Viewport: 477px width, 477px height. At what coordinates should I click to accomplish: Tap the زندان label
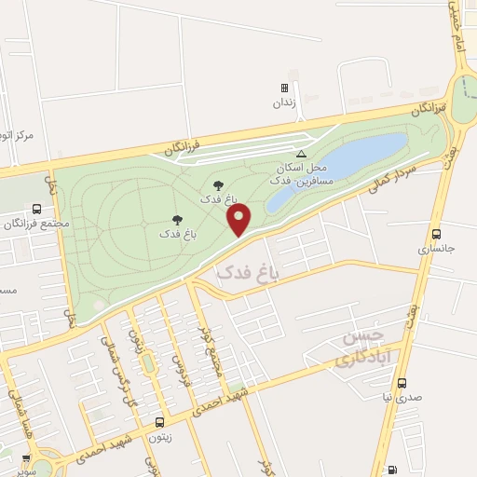point(283,103)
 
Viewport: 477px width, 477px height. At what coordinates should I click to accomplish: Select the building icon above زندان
point(283,89)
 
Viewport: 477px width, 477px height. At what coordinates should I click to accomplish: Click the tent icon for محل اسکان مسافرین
point(300,154)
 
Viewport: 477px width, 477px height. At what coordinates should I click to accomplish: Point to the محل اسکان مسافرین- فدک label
point(299,171)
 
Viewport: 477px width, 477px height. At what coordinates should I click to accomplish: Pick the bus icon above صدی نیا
point(402,382)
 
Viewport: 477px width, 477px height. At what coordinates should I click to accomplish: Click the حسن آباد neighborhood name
point(360,346)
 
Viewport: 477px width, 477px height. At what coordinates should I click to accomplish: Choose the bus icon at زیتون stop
point(159,421)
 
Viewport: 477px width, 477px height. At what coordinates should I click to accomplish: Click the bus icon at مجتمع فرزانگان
point(36,210)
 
